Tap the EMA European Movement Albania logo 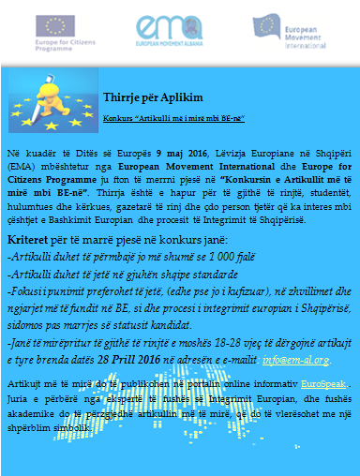(x=177, y=36)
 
